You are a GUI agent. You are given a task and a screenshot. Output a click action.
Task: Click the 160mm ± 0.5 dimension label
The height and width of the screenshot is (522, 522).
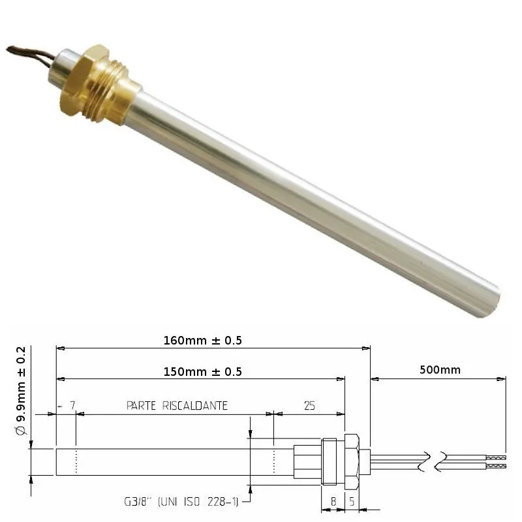pyautogui.click(x=202, y=340)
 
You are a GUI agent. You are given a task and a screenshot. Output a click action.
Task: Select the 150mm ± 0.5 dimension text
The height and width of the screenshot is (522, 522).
pyautogui.click(x=202, y=371)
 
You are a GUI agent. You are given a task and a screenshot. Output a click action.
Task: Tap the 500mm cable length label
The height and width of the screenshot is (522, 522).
pyautogui.click(x=440, y=370)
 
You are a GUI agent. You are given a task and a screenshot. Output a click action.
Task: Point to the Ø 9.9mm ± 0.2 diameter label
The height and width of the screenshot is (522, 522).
pyautogui.click(x=21, y=391)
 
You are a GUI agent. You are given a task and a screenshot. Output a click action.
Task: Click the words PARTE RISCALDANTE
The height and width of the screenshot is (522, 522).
pyautogui.click(x=177, y=405)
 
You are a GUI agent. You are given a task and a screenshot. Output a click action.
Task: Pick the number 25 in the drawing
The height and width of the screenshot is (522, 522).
pyautogui.click(x=309, y=405)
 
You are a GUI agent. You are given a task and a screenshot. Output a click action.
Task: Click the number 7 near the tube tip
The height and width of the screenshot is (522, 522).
pyautogui.click(x=72, y=405)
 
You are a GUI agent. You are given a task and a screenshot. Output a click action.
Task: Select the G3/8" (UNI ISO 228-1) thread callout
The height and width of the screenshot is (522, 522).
pyautogui.click(x=181, y=501)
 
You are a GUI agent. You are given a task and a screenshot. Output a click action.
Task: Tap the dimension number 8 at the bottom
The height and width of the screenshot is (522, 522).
pyautogui.click(x=333, y=501)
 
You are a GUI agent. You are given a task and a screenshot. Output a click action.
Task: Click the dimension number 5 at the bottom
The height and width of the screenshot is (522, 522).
pyautogui.click(x=352, y=501)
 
